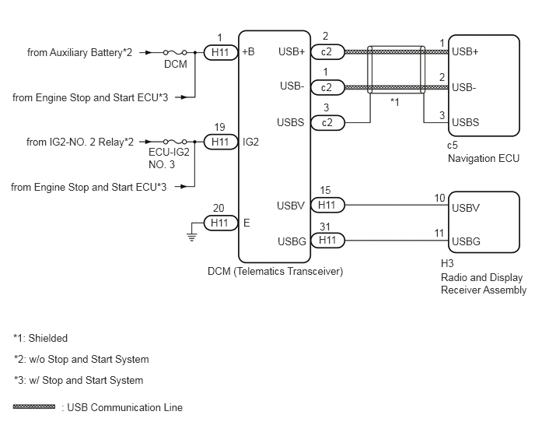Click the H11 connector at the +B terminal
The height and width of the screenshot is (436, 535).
click(221, 52)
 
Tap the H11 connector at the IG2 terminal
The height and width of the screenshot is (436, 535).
click(221, 142)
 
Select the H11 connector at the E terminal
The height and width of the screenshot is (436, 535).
click(221, 223)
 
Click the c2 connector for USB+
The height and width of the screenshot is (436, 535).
click(327, 52)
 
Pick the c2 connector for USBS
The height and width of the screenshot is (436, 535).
click(327, 123)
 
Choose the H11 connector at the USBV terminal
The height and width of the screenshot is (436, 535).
click(327, 205)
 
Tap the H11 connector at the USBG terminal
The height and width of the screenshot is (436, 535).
click(327, 241)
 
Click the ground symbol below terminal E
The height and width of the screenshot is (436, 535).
click(192, 237)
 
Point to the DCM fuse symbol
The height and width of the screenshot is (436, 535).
click(175, 52)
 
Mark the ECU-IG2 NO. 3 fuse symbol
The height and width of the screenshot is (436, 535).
click(175, 142)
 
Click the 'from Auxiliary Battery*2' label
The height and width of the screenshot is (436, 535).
click(79, 53)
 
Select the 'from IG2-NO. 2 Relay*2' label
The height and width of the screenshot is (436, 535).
click(80, 142)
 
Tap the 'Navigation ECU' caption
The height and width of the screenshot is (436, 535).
click(484, 158)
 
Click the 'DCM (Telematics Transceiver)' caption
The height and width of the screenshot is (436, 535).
click(275, 271)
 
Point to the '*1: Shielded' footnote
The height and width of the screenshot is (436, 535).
click(40, 338)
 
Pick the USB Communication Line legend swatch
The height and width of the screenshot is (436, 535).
click(34, 406)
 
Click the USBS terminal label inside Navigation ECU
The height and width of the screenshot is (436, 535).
click(465, 122)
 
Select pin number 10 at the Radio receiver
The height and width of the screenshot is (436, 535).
click(440, 198)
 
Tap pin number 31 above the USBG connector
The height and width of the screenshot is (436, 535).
click(325, 227)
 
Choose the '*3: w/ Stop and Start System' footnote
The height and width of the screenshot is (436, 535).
click(79, 380)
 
